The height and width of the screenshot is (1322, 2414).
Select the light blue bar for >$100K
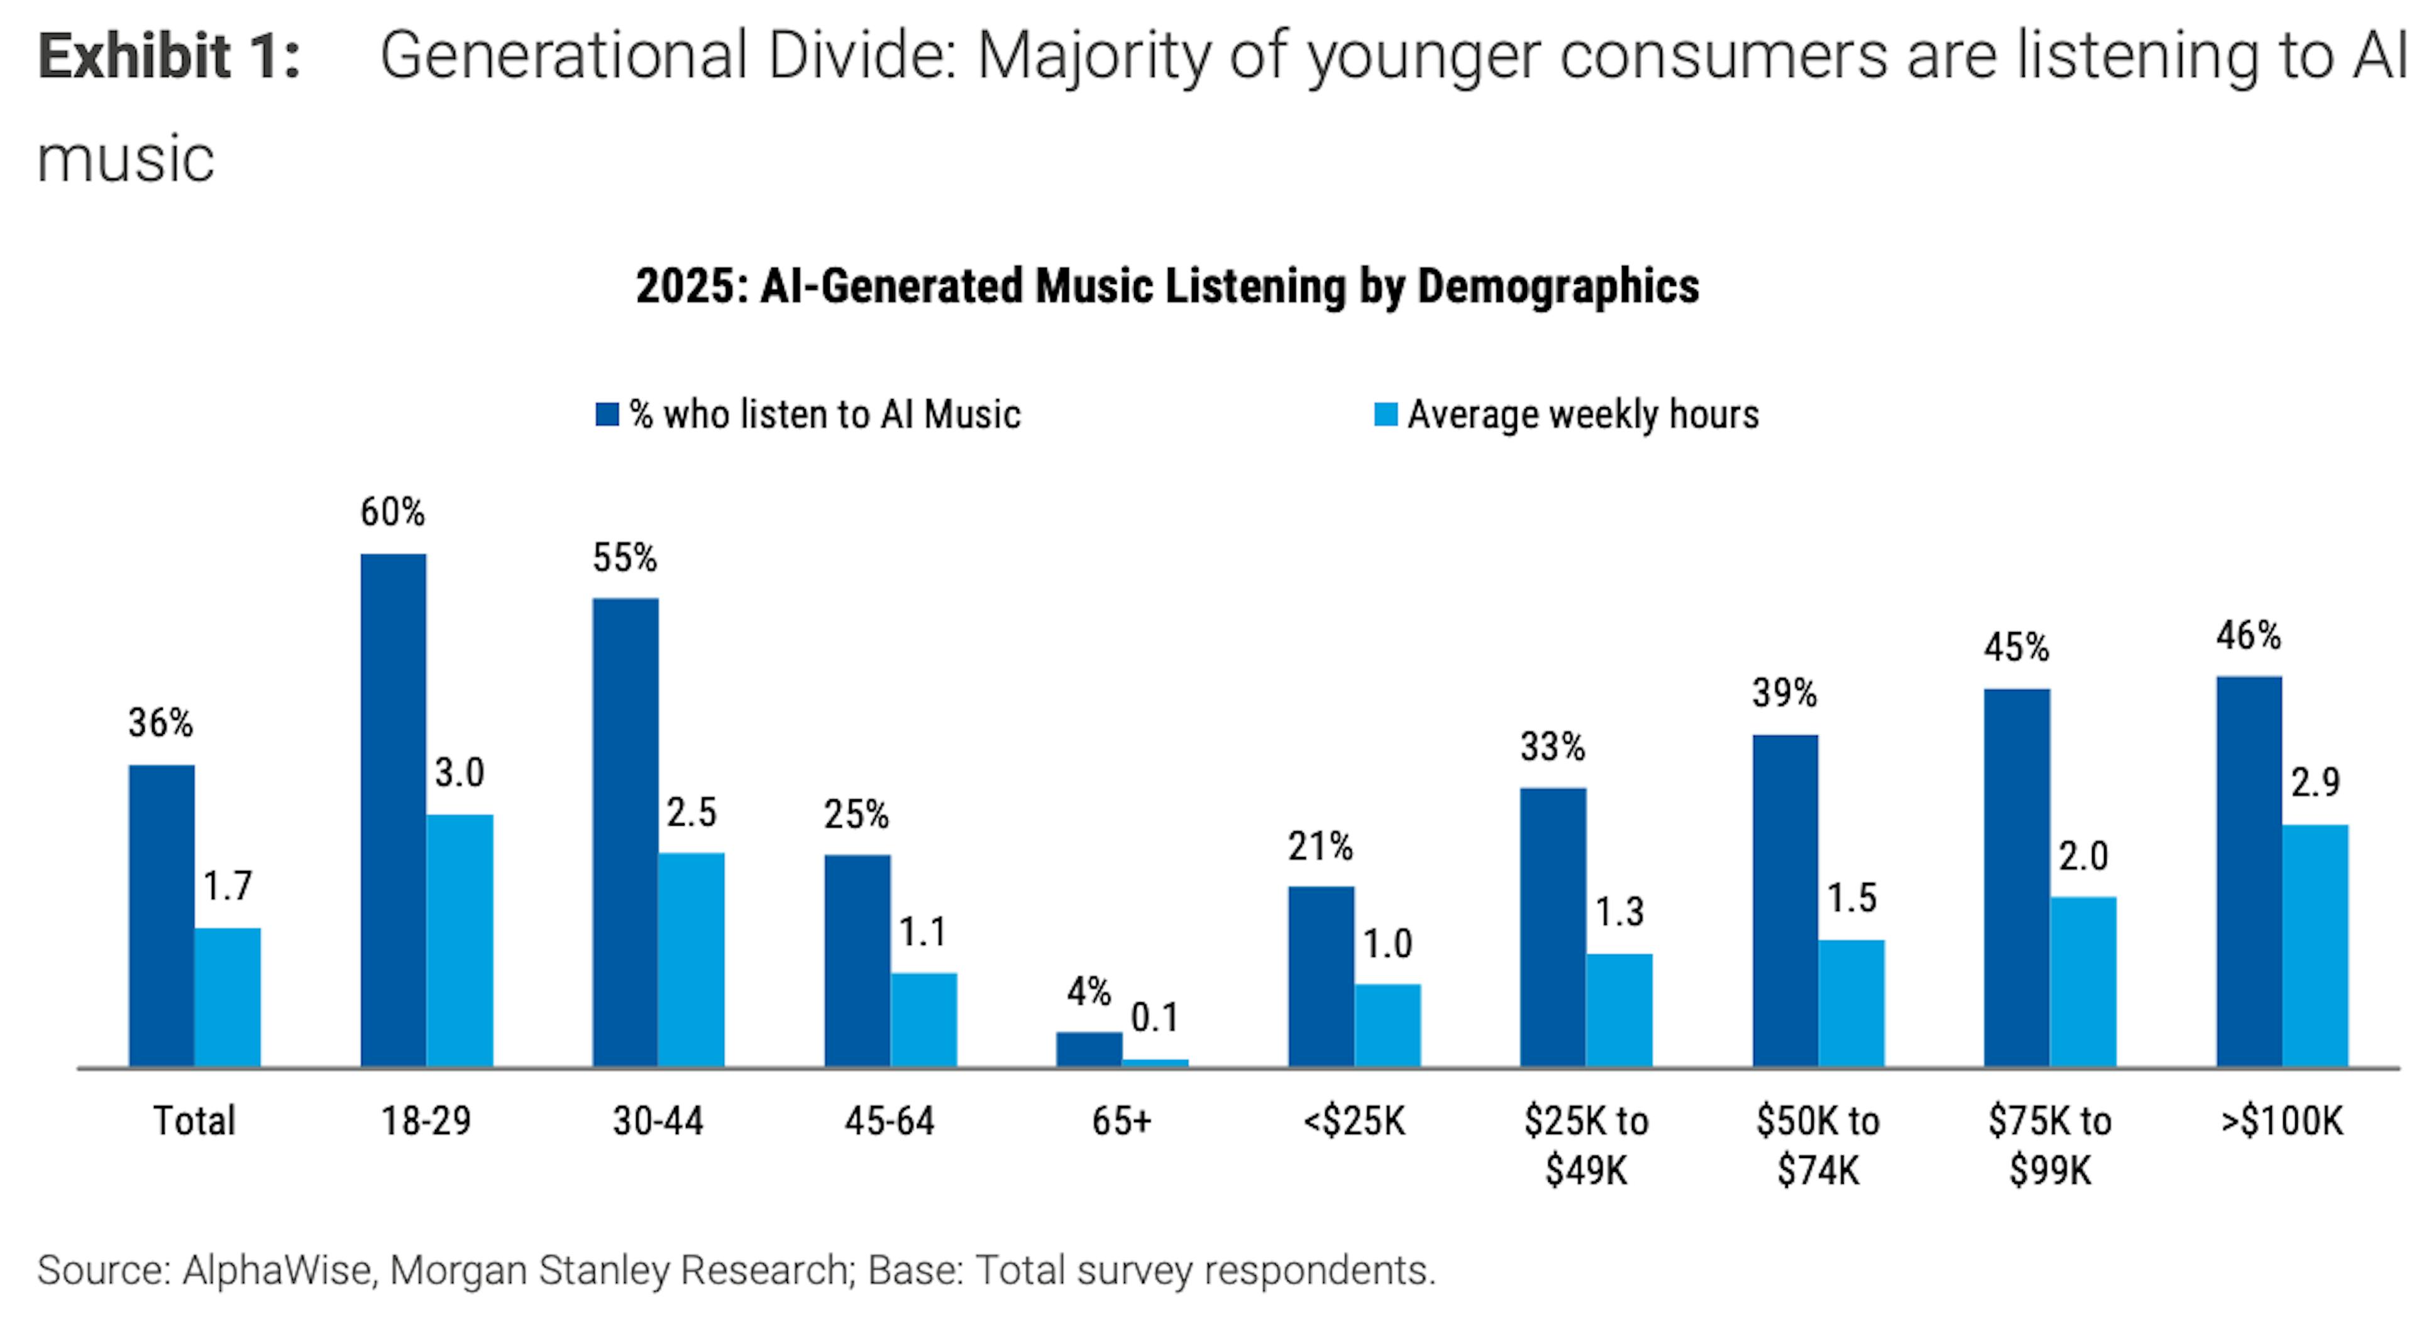click(2315, 946)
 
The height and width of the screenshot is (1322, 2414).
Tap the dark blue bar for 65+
click(1089, 1049)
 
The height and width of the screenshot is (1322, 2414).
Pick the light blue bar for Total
click(228, 997)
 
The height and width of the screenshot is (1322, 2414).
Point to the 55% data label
click(624, 559)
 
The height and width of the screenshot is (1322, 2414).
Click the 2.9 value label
click(2315, 782)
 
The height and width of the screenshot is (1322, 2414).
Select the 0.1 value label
click(1155, 1017)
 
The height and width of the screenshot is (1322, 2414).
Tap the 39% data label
click(1784, 693)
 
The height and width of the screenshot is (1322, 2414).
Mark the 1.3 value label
click(1619, 912)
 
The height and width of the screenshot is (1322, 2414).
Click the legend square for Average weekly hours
click(1385, 414)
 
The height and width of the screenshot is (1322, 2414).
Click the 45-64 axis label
click(890, 1120)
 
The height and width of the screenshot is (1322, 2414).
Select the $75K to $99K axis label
click(2049, 1145)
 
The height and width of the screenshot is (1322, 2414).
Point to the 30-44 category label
click(658, 1120)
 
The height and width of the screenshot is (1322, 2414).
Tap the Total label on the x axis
click(194, 1120)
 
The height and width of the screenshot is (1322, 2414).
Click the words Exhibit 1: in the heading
click(168, 56)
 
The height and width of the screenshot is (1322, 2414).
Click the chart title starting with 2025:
click(1167, 286)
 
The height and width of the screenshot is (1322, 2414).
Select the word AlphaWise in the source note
click(279, 1270)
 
